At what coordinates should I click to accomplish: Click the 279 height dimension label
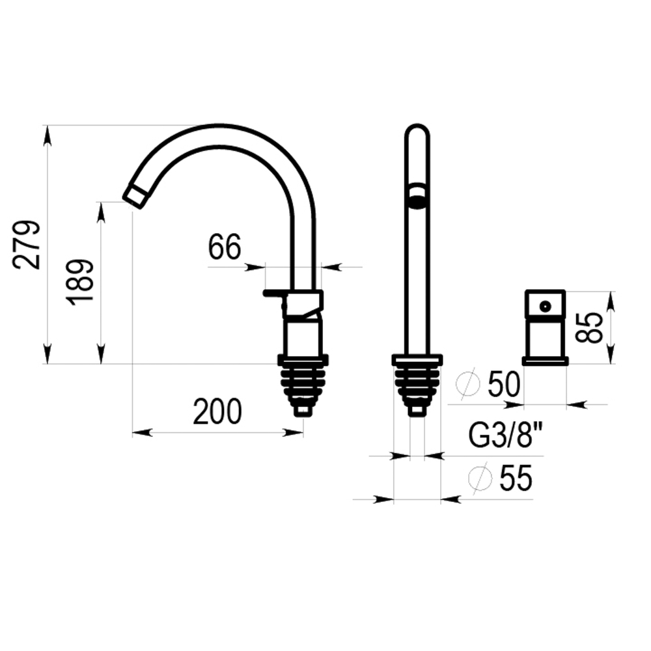pos(27,245)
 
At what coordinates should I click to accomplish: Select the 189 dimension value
pos(79,283)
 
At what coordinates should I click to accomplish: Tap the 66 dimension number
pos(224,247)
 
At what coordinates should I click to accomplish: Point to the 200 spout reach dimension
pos(217,411)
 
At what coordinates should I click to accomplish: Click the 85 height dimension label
pos(589,327)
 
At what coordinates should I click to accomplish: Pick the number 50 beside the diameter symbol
pos(504,384)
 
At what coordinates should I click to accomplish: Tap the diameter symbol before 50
pos(468,383)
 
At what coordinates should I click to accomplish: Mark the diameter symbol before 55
pos(480,477)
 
